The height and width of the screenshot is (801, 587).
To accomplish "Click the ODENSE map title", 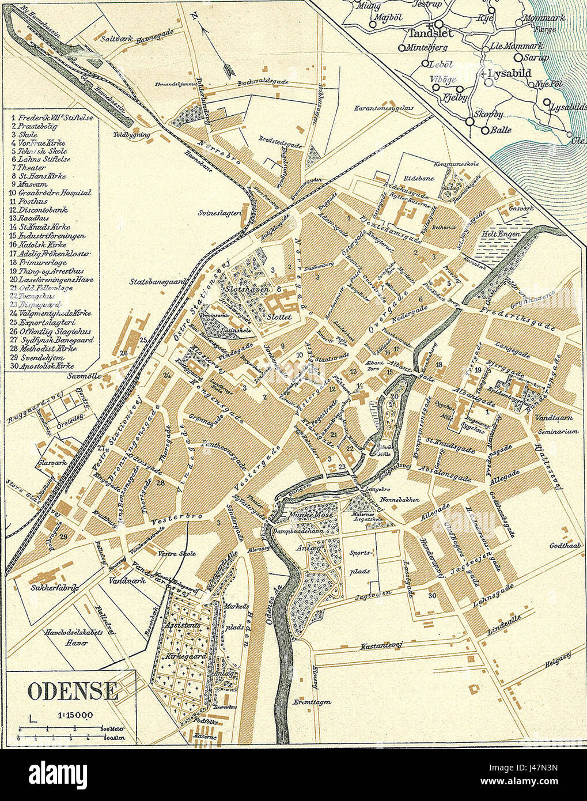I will [73, 690].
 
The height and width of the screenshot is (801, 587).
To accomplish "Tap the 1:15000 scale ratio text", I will [75, 715].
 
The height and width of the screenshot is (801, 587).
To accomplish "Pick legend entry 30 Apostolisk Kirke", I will [46, 365].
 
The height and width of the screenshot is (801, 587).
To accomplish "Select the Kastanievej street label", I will [382, 647].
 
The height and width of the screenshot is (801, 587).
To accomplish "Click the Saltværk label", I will [117, 39].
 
